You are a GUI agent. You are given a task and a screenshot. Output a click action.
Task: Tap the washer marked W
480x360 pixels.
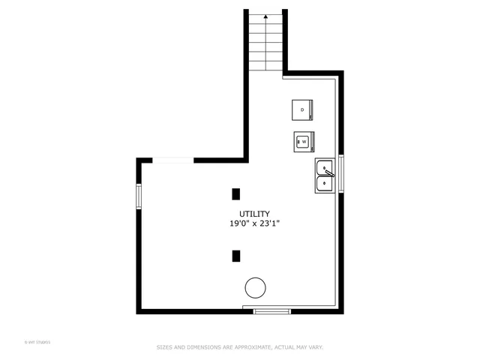click(304, 140)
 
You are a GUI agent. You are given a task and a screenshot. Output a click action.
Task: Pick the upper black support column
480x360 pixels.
click(235, 193)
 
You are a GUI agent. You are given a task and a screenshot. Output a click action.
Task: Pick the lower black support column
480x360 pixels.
click(235, 256)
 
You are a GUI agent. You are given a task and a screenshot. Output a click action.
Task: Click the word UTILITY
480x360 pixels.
click(254, 214)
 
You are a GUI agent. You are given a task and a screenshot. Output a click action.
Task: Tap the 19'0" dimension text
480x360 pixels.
click(241, 223)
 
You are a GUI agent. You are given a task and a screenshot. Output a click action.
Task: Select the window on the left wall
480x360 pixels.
click(139, 196)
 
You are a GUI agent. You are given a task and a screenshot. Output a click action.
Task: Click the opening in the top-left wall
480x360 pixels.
click(173, 160)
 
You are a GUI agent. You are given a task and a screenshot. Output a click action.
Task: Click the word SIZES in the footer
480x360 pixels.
click(163, 347)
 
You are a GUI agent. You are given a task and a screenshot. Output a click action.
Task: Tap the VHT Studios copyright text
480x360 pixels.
click(37, 343)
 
